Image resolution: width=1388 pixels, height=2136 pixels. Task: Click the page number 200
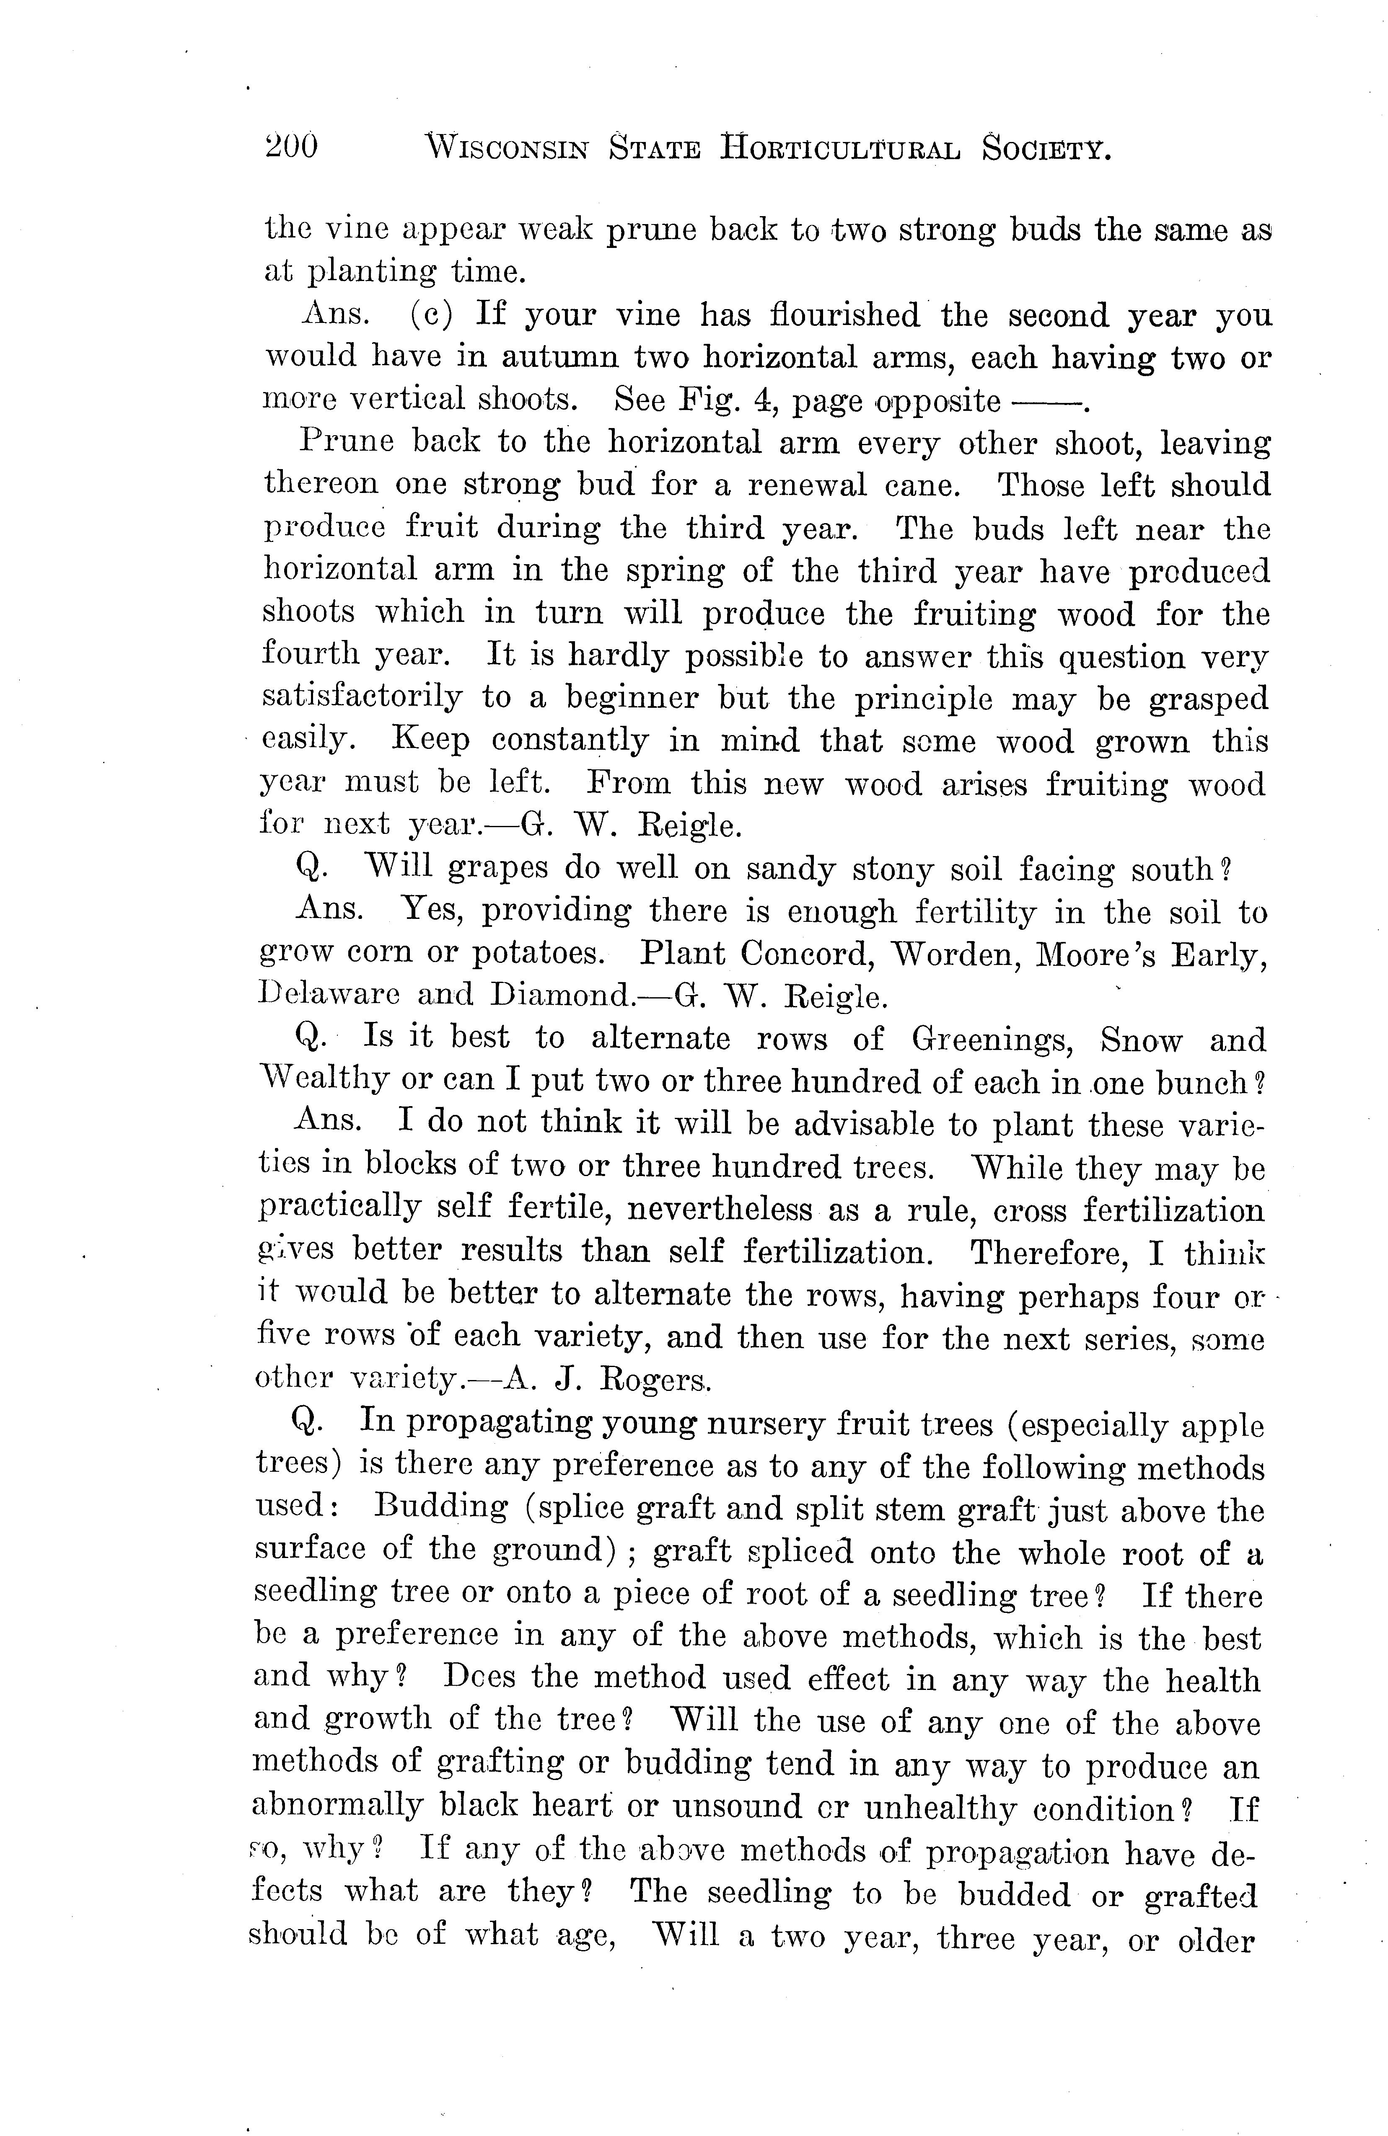(291, 145)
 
